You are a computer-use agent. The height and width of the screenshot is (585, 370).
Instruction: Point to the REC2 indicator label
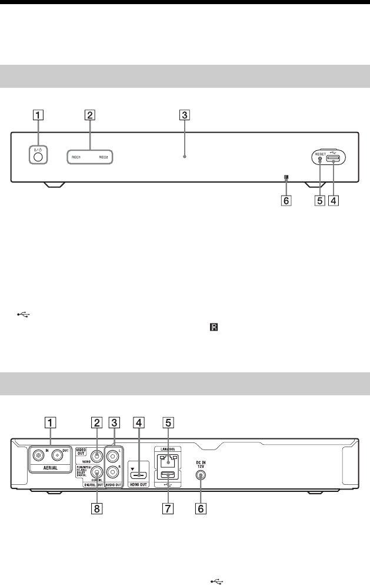[x=104, y=158]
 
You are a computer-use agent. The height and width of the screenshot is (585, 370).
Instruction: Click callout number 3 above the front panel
[x=185, y=115]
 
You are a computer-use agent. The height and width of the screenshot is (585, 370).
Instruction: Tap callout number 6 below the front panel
[x=286, y=200]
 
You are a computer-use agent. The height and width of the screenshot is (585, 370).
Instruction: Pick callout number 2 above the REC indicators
[x=89, y=115]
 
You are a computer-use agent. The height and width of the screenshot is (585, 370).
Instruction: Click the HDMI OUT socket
[x=139, y=473]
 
